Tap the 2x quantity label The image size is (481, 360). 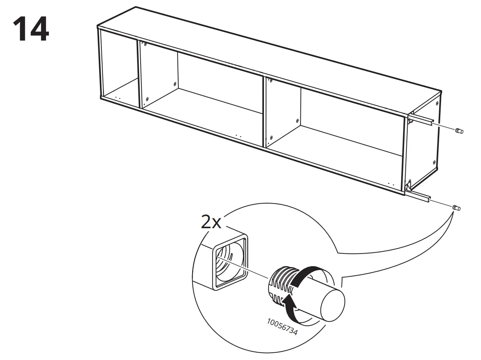(x=211, y=222)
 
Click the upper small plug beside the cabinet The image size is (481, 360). (x=459, y=131)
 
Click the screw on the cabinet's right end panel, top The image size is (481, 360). (x=438, y=103)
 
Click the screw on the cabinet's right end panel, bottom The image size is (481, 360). (x=434, y=163)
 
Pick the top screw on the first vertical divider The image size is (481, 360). (x=146, y=44)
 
